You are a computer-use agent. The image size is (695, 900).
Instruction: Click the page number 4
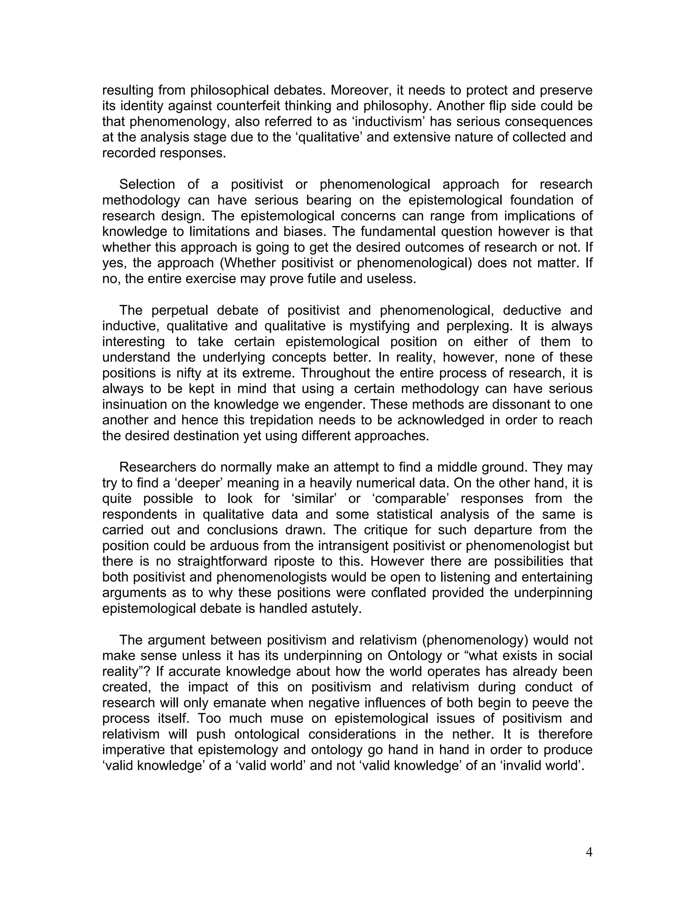[589, 852]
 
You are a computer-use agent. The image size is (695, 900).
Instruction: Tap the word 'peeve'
[554, 703]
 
